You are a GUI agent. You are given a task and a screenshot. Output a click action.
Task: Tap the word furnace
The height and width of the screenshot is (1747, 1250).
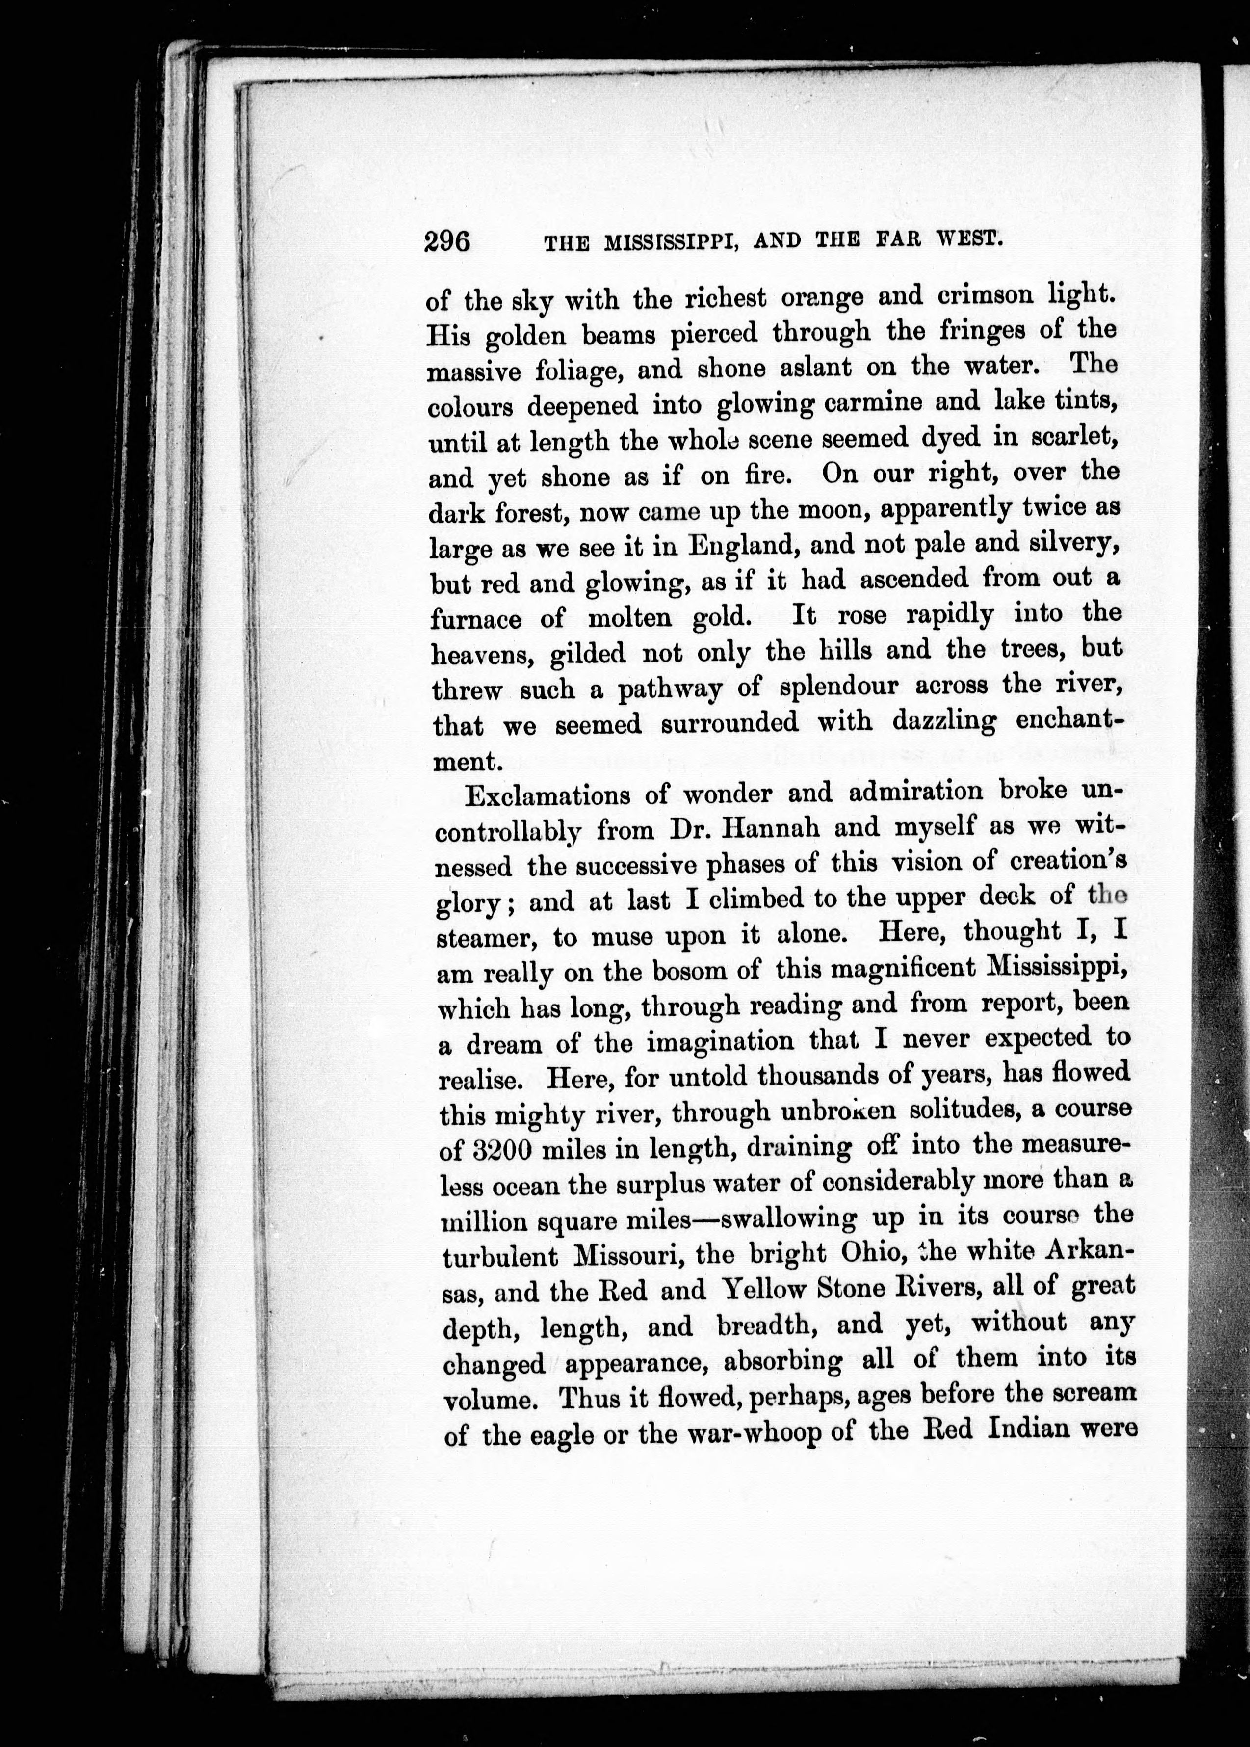tap(476, 618)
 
